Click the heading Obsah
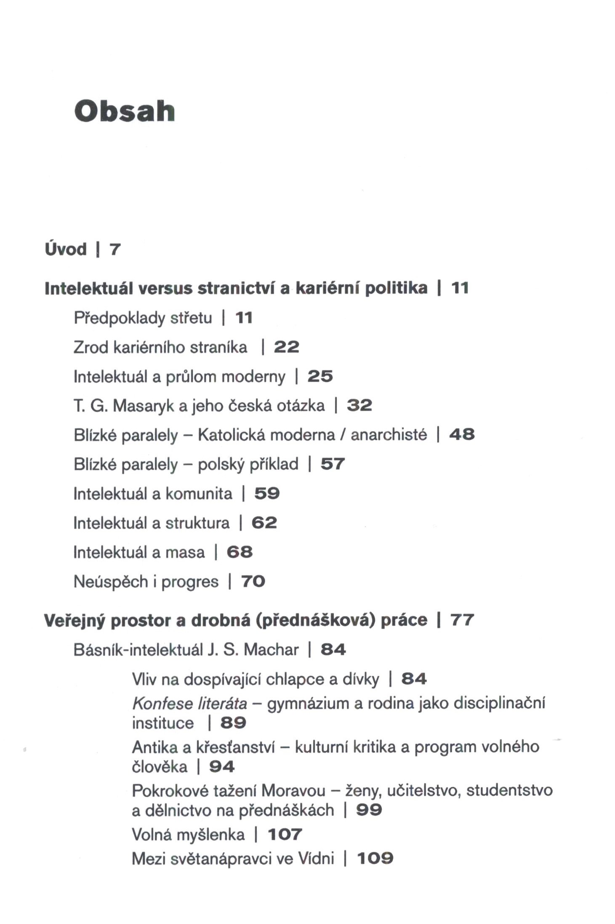(125, 112)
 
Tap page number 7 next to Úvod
(115, 249)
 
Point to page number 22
(286, 347)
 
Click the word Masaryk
(143, 406)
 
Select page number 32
(359, 405)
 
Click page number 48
(462, 434)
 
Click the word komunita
(199, 493)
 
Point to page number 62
(264, 523)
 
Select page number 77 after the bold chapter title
(462, 620)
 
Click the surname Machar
(271, 650)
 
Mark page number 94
(222, 766)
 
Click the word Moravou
(293, 790)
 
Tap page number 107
(285, 834)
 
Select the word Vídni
(316, 858)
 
